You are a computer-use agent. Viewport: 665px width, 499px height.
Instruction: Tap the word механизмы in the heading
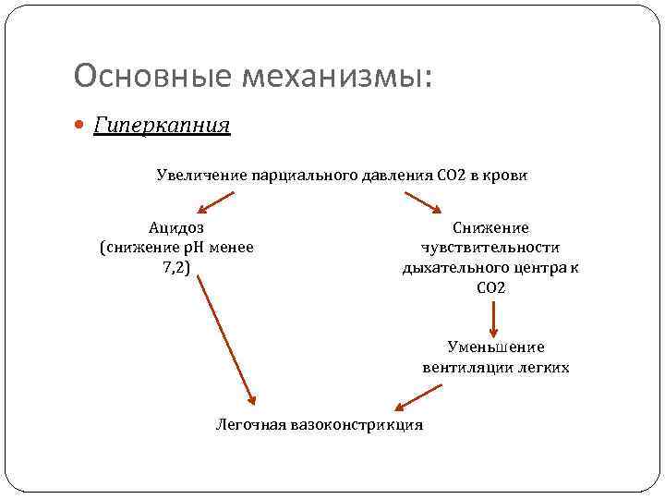[x=336, y=76]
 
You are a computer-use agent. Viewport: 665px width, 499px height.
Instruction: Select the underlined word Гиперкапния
[x=162, y=124]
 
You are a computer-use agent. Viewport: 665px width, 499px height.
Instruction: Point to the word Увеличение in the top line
[x=196, y=176]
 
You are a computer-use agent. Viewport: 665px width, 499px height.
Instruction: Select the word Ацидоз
[x=175, y=227]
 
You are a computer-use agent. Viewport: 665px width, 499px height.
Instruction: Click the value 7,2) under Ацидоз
[x=175, y=268]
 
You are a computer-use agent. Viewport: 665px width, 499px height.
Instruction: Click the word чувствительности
[x=490, y=248]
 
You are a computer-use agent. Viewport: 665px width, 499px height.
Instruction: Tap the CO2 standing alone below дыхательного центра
[x=491, y=288]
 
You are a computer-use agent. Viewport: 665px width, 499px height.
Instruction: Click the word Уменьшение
[x=496, y=347]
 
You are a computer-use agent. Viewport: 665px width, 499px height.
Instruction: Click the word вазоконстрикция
[x=357, y=425]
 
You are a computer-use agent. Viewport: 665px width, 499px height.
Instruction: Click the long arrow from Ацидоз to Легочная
[x=225, y=339]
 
